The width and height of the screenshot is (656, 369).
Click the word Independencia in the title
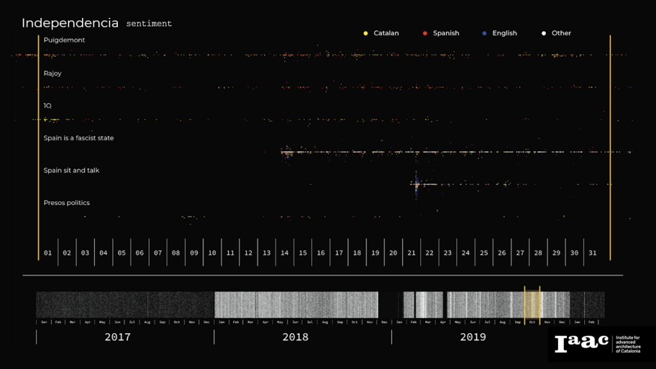(70, 23)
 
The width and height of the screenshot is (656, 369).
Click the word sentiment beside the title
(149, 24)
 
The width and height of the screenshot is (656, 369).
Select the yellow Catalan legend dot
(365, 33)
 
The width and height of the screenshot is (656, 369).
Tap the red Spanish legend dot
(425, 33)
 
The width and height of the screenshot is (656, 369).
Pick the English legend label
(504, 33)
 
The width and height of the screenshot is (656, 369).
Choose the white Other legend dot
(543, 33)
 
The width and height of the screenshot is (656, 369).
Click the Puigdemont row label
(64, 40)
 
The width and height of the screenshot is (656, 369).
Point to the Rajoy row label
(53, 74)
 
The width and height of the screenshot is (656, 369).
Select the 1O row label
(47, 105)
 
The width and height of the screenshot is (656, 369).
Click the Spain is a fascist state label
(78, 138)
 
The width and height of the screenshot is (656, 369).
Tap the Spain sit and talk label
(71, 170)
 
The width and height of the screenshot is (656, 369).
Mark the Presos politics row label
(67, 203)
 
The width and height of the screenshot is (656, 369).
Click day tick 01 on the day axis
(48, 253)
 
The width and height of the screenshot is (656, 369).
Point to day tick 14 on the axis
(284, 253)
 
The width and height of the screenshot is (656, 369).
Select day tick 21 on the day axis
(411, 253)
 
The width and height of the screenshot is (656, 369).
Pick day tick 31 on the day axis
(593, 253)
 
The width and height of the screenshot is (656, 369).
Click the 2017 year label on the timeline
(117, 337)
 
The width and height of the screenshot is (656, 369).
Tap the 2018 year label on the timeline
(295, 337)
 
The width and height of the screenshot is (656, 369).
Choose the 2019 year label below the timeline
(473, 337)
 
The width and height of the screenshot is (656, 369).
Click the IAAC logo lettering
(582, 343)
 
